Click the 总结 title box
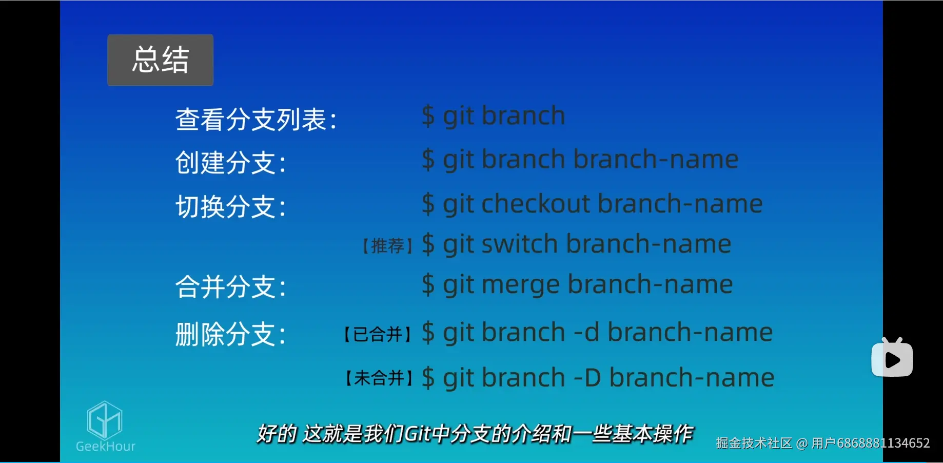(x=160, y=60)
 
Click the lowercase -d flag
(x=586, y=333)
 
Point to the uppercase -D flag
(x=587, y=378)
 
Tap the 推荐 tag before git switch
(x=388, y=246)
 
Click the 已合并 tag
(x=378, y=335)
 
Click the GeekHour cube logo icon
(x=105, y=419)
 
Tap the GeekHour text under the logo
(x=106, y=446)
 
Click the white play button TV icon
(x=892, y=358)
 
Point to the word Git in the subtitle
(x=417, y=434)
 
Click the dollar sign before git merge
(x=428, y=284)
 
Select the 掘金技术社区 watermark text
(x=754, y=443)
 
